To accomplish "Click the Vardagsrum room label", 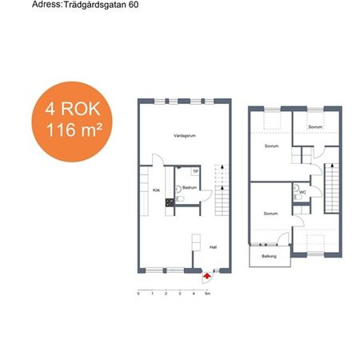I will pyautogui.click(x=185, y=136).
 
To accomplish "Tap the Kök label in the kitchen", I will pyautogui.click(x=156, y=190).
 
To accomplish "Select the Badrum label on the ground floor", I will pyautogui.click(x=190, y=188).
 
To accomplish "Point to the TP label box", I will pyautogui.click(x=195, y=171).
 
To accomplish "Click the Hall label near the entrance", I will pyautogui.click(x=213, y=247).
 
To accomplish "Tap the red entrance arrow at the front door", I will pyautogui.click(x=208, y=275).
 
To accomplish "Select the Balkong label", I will pyautogui.click(x=269, y=256).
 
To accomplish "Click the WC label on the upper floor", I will pyautogui.click(x=302, y=193).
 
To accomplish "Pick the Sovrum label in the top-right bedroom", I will pyautogui.click(x=316, y=126).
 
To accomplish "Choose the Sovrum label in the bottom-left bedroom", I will pyautogui.click(x=270, y=214).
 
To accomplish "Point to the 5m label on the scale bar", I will pyautogui.click(x=208, y=294).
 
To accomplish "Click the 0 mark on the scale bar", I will pyautogui.click(x=139, y=294).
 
